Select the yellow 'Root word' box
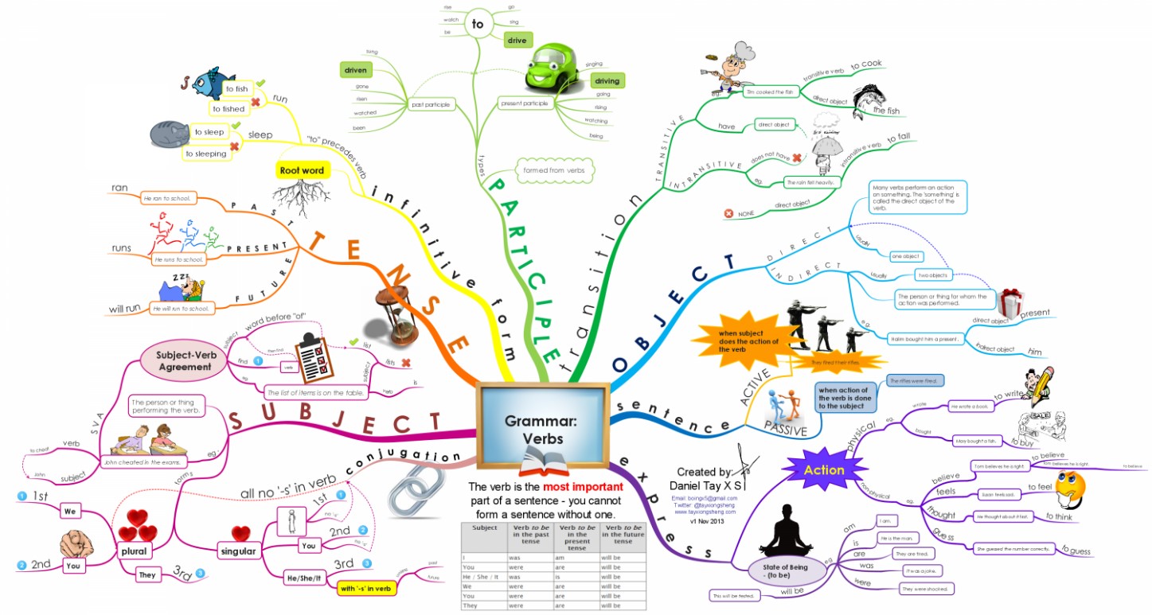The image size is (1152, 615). point(302,170)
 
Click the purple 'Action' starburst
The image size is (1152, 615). point(824,469)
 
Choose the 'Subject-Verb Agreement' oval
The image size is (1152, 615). point(184,361)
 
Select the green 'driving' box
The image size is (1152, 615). point(607,80)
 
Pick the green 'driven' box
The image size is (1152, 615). point(356,70)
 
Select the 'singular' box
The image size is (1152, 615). point(237,551)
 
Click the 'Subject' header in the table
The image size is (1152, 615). point(484,527)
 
